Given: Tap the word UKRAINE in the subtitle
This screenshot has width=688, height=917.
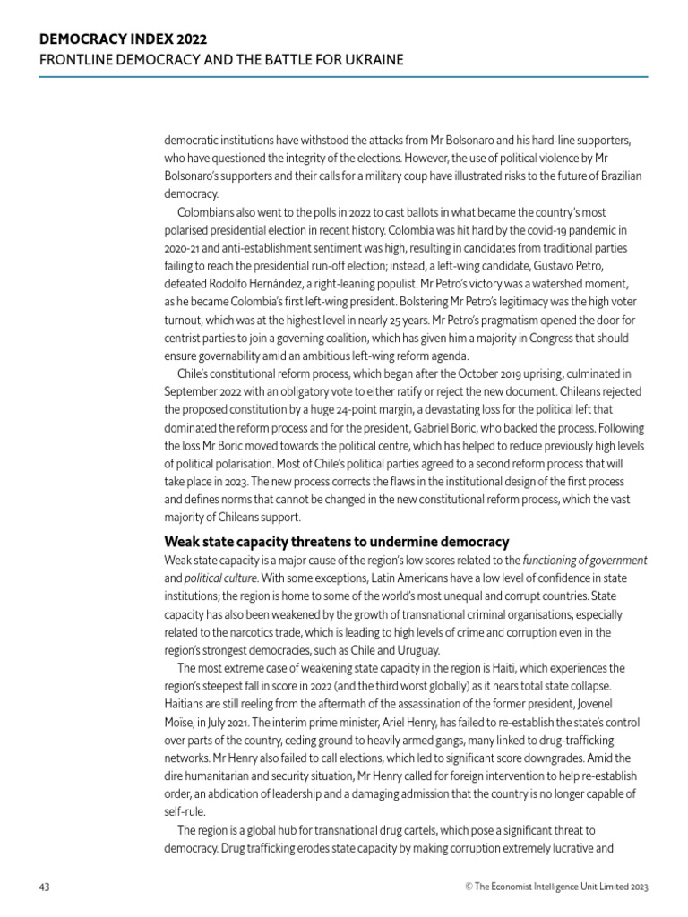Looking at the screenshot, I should [369, 60].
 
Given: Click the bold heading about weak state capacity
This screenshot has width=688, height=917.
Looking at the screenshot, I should [337, 542].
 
